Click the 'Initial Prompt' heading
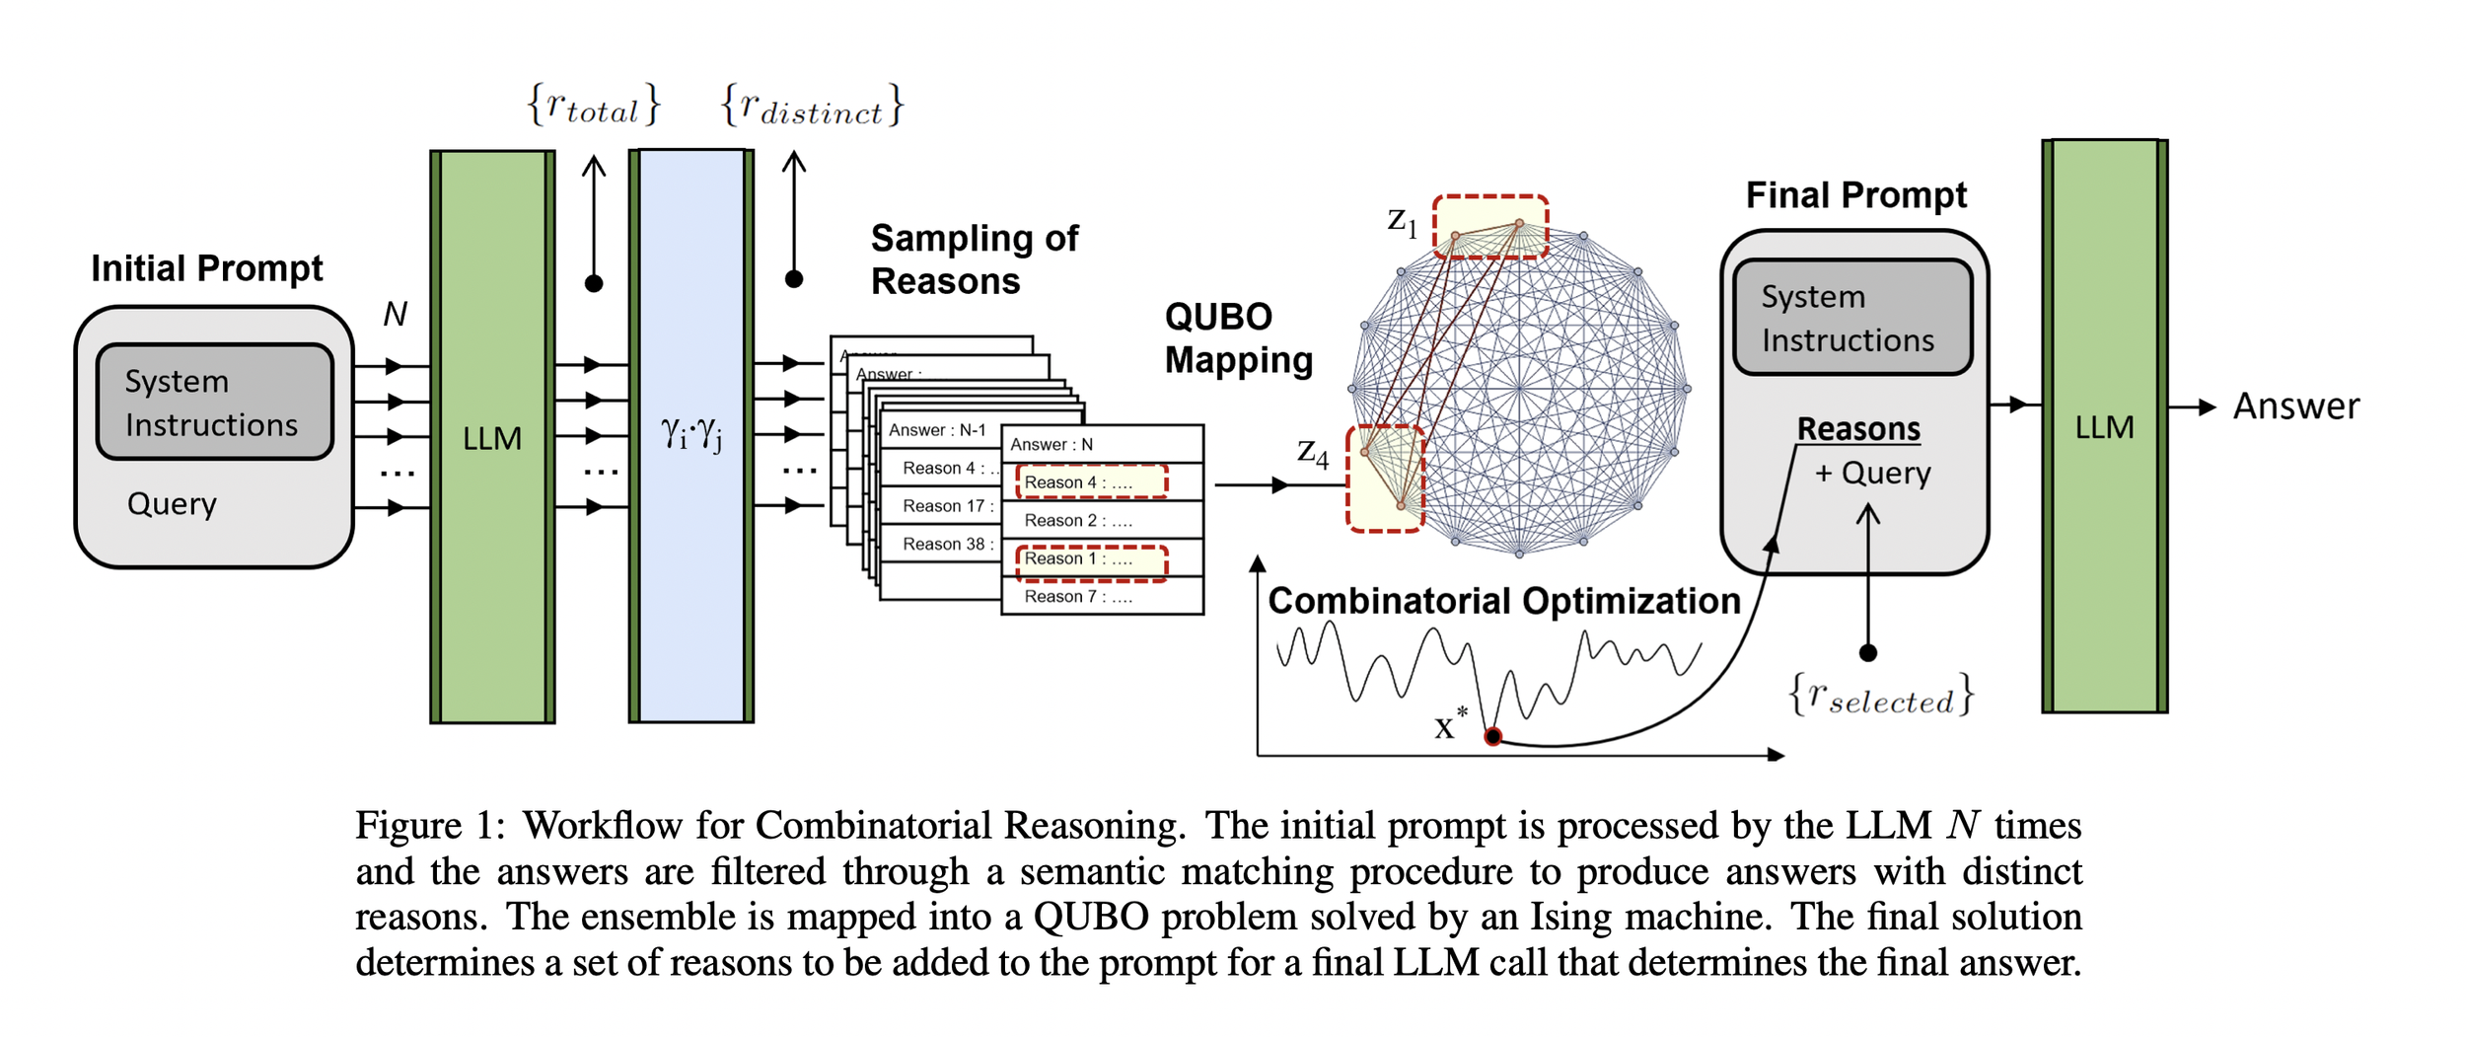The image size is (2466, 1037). (206, 268)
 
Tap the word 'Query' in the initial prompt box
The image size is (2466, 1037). (172, 504)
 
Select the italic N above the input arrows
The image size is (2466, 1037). (395, 314)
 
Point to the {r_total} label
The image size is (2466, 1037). (593, 105)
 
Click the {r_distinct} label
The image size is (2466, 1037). (811, 106)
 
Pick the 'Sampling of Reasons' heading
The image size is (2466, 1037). (974, 259)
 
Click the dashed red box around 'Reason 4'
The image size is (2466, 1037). (1091, 482)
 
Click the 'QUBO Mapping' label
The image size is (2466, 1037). (1238, 338)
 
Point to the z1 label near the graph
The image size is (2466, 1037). (1402, 221)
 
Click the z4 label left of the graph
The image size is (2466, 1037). (1312, 453)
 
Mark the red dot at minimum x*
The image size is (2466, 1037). (1492, 736)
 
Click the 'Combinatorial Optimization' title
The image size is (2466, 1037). (1503, 601)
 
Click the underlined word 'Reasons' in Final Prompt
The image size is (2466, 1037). (1858, 429)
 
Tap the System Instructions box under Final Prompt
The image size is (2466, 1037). (1852, 318)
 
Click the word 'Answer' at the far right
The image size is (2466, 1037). (2295, 407)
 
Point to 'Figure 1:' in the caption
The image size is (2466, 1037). (430, 825)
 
